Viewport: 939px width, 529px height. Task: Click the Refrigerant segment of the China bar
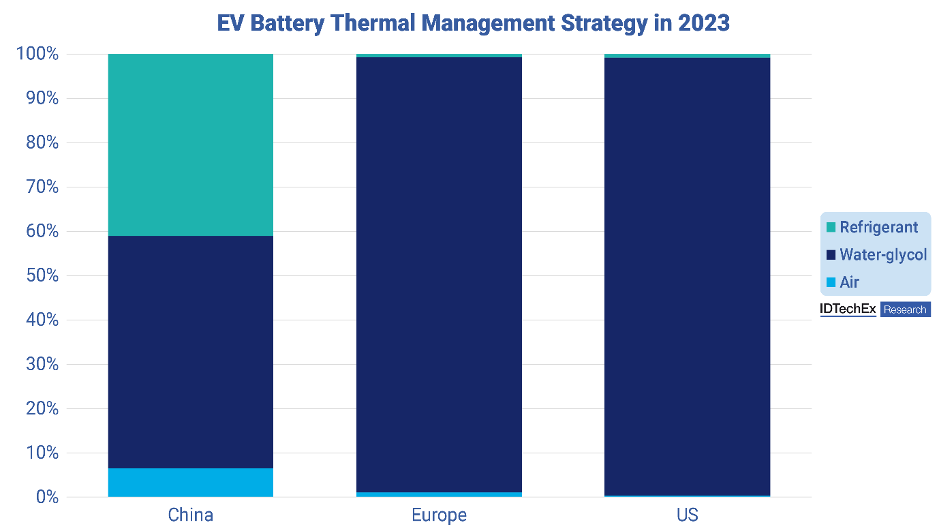(x=191, y=145)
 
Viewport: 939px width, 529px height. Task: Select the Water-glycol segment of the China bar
(x=191, y=352)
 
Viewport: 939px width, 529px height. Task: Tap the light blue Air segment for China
(x=191, y=483)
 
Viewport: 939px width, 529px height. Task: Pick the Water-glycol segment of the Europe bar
(x=439, y=274)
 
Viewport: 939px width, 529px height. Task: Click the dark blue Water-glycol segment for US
(x=687, y=276)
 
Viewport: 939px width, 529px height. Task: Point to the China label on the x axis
(x=191, y=515)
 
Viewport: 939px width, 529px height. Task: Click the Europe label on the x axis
(x=439, y=515)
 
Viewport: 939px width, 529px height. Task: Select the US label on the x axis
(x=687, y=515)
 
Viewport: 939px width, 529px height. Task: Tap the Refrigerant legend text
(x=878, y=228)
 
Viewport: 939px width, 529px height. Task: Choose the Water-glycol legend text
(x=883, y=255)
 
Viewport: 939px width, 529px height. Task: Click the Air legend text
(x=849, y=282)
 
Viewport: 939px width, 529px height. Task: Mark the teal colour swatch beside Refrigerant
(x=831, y=228)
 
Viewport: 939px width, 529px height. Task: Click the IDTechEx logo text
(x=848, y=309)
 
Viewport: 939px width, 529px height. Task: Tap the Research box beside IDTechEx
(x=905, y=309)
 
